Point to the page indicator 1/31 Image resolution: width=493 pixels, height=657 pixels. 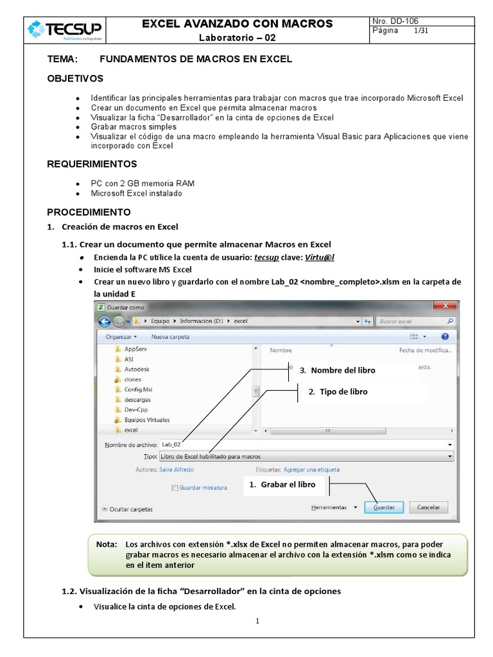(421, 31)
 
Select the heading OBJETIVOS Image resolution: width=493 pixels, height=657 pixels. (75, 78)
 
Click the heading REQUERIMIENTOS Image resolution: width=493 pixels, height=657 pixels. (92, 164)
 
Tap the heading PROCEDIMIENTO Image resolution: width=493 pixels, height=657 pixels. (89, 212)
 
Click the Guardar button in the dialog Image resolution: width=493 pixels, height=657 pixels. (384, 507)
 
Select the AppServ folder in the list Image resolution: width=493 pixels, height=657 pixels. (135, 349)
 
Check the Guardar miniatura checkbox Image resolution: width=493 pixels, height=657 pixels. (175, 488)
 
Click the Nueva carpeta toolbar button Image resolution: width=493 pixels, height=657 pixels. (170, 336)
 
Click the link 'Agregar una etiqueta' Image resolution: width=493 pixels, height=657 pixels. (311, 470)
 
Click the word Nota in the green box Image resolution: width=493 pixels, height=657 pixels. (106, 544)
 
